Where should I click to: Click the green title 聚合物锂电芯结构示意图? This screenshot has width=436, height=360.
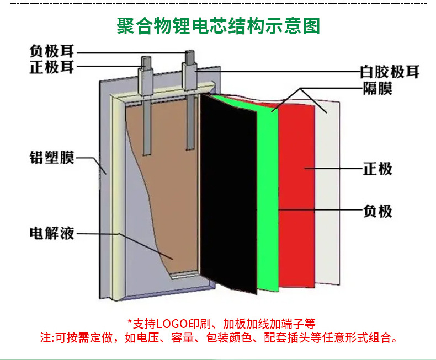point(218,26)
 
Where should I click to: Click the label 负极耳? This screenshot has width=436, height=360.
point(52,52)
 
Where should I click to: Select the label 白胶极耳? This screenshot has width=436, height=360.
point(390,72)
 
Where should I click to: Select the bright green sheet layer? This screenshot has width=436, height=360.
point(268,198)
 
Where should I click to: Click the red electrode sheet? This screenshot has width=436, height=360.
point(297,193)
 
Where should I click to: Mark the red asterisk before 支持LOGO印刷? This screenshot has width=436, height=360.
point(130,323)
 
